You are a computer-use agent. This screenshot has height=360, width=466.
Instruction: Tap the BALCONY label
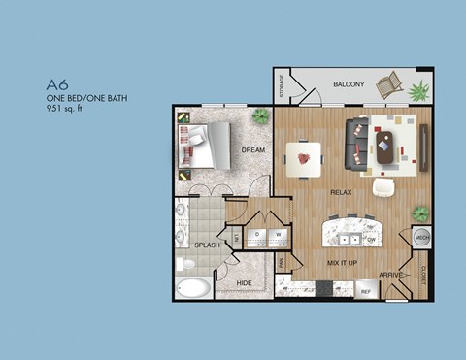(349, 84)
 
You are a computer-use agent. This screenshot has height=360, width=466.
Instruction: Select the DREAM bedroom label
(253, 150)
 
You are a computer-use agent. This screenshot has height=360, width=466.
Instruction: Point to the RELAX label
(340, 192)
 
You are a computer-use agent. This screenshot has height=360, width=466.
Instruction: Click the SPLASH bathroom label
(206, 245)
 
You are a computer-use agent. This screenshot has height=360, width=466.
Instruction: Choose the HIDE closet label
(245, 282)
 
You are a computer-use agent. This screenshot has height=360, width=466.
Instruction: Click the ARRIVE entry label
(391, 275)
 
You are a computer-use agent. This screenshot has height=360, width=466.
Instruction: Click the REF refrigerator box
(366, 290)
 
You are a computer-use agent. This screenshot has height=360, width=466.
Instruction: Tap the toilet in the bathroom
(184, 264)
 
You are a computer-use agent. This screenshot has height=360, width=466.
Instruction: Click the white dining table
(304, 155)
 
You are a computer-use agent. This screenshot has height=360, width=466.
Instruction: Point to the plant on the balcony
(418, 92)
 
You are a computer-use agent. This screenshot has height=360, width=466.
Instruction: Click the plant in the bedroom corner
(260, 116)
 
